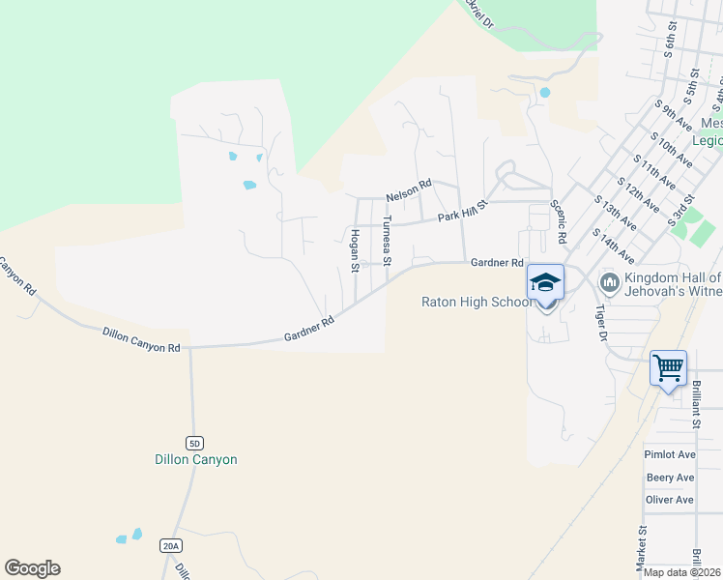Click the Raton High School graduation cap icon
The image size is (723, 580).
point(545,282)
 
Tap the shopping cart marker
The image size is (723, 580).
point(668,368)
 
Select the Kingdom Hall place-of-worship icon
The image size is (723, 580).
point(609,282)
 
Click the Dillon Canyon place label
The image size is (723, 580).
point(196,460)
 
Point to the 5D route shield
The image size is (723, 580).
point(195,443)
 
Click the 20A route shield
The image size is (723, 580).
point(170,546)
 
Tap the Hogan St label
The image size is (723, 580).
point(355,248)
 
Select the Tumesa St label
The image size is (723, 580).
point(386,240)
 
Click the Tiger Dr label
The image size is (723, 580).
point(600,324)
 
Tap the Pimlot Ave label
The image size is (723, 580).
point(670,454)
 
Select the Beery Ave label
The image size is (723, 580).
point(670,478)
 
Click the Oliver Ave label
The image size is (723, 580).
point(670,500)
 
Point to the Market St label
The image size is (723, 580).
point(641,548)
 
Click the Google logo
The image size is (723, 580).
point(33,568)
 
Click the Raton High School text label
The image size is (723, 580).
point(477,302)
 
